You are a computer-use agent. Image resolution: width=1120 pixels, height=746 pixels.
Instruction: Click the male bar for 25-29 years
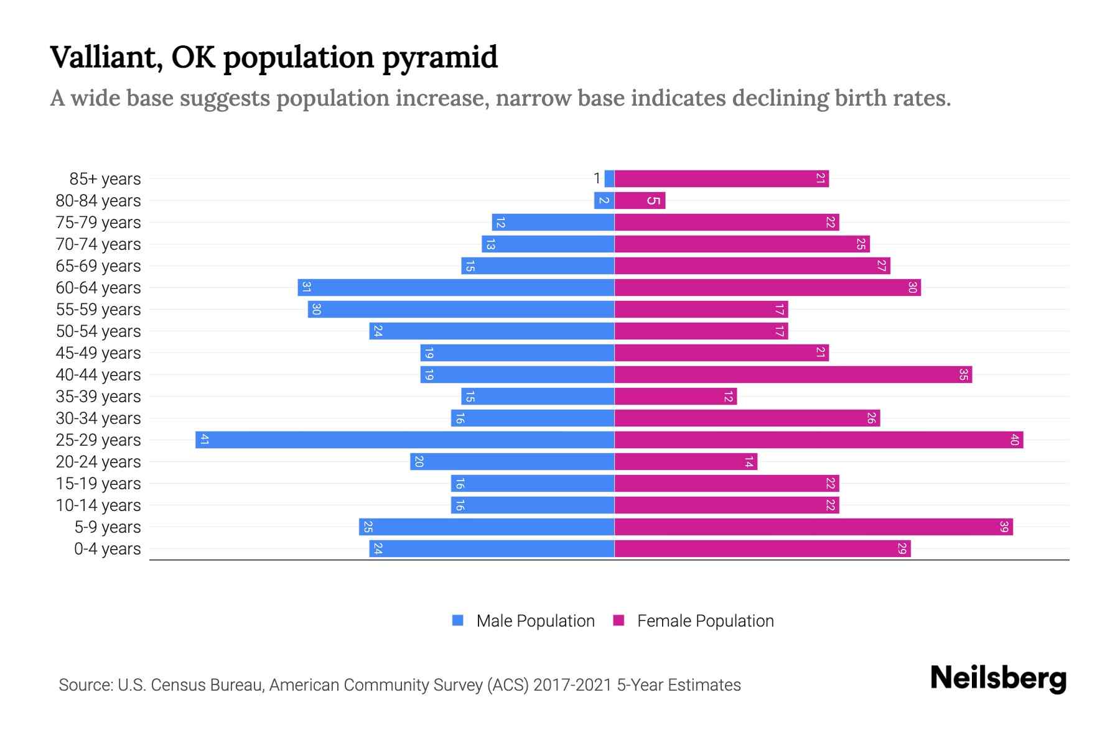404,440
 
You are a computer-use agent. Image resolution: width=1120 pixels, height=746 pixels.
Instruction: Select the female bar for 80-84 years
640,201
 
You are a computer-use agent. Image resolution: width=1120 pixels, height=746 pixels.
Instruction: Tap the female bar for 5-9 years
813,527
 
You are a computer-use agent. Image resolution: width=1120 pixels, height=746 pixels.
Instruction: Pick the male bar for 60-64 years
455,288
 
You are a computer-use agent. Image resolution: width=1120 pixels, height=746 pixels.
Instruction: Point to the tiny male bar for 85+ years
609,179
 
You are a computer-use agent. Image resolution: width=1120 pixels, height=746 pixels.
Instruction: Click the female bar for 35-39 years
675,397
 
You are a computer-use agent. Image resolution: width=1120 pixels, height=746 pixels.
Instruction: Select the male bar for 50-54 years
492,331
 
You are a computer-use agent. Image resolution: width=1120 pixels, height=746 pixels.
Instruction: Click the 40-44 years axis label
98,375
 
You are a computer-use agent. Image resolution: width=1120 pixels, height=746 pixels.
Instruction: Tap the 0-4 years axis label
107,549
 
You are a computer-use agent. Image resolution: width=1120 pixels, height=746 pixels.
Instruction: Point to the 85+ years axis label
105,179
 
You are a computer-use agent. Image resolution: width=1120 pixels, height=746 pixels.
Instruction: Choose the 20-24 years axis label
98,462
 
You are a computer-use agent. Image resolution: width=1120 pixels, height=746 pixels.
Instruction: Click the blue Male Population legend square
458,620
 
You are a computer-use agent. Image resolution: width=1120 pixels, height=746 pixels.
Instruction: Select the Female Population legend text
705,621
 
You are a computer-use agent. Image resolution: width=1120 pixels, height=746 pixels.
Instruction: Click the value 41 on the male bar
205,440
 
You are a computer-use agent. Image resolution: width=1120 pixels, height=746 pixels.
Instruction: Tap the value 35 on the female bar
963,375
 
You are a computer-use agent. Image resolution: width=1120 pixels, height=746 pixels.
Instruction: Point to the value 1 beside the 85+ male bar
597,179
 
